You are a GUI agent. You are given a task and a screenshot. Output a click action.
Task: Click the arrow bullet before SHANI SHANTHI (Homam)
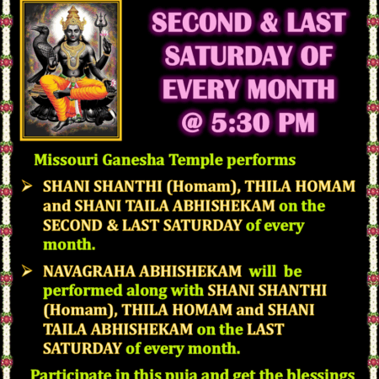coord(29,185)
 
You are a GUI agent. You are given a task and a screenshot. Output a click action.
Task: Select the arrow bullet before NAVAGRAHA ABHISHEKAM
coord(29,271)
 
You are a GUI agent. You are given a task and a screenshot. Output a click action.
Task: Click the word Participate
coord(68,372)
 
